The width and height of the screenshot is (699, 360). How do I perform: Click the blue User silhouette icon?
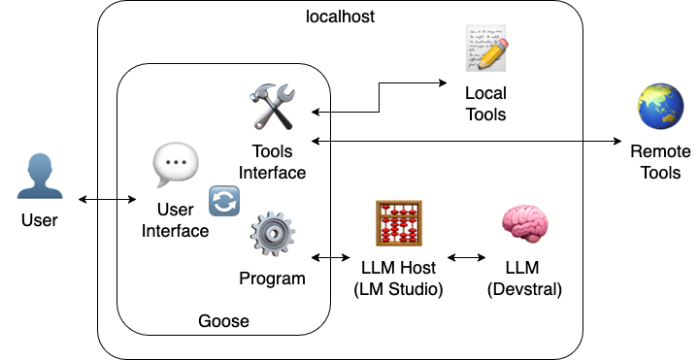pyautogui.click(x=39, y=177)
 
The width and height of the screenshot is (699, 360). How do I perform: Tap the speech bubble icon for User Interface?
pyautogui.click(x=176, y=166)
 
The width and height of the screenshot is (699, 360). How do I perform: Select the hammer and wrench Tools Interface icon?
pyautogui.click(x=273, y=106)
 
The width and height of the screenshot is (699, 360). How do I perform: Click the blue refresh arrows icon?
pyautogui.click(x=224, y=202)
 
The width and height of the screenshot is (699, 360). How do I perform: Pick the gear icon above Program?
pyautogui.click(x=272, y=236)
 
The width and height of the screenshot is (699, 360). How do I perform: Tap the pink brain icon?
pyautogui.click(x=524, y=228)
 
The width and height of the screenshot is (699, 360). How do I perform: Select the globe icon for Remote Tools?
pyautogui.click(x=660, y=107)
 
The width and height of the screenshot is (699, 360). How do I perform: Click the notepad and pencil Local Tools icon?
pyautogui.click(x=485, y=49)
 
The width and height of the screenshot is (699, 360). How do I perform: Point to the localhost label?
pyautogui.click(x=340, y=16)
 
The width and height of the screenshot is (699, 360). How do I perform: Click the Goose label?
pyautogui.click(x=223, y=321)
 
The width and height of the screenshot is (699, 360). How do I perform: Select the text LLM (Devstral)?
pyautogui.click(x=525, y=278)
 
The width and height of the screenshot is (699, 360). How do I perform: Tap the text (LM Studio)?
pyautogui.click(x=398, y=288)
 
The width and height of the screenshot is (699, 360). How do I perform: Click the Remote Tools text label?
pyautogui.click(x=660, y=162)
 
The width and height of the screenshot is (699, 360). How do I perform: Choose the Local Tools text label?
pyautogui.click(x=485, y=105)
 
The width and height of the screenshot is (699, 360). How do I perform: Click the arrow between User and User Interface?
pyautogui.click(x=108, y=200)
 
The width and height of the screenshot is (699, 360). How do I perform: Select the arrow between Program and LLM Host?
pyautogui.click(x=331, y=258)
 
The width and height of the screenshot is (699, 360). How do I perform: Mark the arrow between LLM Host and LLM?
pyautogui.click(x=466, y=258)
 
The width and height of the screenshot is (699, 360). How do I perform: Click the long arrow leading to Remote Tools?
pyautogui.click(x=466, y=142)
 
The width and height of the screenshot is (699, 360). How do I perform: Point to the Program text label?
pyautogui.click(x=272, y=278)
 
